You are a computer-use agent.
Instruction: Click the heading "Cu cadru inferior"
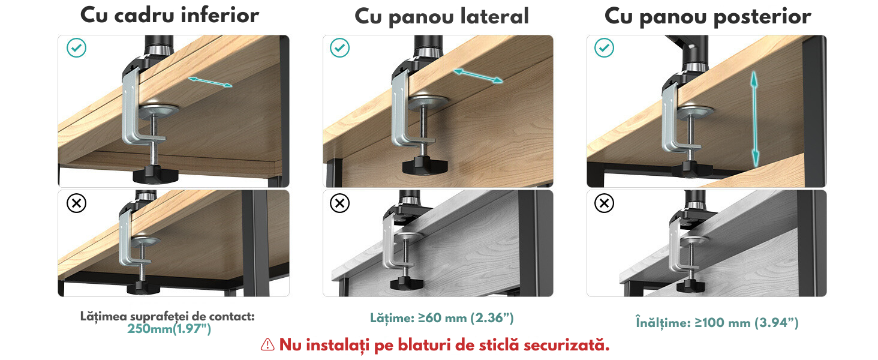pyautogui.click(x=169, y=16)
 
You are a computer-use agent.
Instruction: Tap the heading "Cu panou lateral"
pyautogui.click(x=442, y=17)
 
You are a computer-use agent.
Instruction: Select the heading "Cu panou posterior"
pyautogui.click(x=708, y=17)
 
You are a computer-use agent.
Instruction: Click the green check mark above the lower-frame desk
pyautogui.click(x=76, y=48)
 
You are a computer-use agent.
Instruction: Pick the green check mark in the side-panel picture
pyautogui.click(x=339, y=48)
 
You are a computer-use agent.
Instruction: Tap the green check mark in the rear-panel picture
pyautogui.click(x=604, y=48)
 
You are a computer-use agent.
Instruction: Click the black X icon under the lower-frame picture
pyautogui.click(x=76, y=203)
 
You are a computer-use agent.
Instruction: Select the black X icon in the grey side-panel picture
pyautogui.click(x=339, y=203)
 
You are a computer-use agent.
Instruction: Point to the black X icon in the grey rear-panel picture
pyautogui.click(x=604, y=203)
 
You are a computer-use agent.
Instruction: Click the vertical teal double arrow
pyautogui.click(x=754, y=119)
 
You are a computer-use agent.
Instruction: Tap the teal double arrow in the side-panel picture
pyautogui.click(x=478, y=76)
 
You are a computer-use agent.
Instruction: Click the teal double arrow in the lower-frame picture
pyautogui.click(x=210, y=82)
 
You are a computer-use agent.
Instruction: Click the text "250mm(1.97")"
pyautogui.click(x=169, y=329)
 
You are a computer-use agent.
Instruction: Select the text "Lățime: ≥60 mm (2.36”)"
pyautogui.click(x=442, y=318)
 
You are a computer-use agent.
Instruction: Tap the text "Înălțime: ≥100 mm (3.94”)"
pyautogui.click(x=717, y=323)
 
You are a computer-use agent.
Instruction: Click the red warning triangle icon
pyautogui.click(x=267, y=345)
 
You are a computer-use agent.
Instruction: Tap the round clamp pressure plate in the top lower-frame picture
pyautogui.click(x=159, y=110)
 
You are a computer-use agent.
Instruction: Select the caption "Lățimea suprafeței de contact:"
pyautogui.click(x=167, y=316)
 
